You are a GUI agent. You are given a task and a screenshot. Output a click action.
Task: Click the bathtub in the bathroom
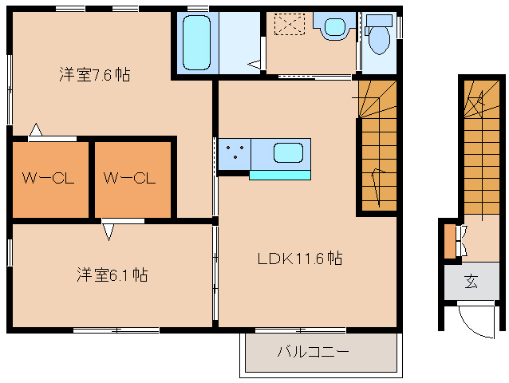point(196,42)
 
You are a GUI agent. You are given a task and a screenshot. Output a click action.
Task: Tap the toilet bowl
point(379,40)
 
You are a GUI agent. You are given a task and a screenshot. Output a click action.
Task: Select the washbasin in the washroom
point(335,26)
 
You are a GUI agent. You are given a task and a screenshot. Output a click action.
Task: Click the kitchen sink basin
point(288,152)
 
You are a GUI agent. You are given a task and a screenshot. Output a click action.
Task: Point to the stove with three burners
point(235,154)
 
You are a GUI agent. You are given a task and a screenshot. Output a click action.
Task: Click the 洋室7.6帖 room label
point(95,75)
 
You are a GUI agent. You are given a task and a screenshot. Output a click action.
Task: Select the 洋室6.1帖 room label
point(112,274)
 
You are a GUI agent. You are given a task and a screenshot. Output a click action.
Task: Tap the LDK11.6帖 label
point(300,259)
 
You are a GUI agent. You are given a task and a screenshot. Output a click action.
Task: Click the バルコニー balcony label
point(314,352)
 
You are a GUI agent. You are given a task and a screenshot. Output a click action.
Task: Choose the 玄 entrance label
point(471,281)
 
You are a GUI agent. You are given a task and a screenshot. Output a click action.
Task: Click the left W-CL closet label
point(48,178)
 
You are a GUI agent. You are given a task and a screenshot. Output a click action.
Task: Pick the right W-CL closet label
point(129,178)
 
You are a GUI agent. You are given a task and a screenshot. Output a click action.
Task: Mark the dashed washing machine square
point(290,23)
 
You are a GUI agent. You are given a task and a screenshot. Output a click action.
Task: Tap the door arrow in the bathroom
point(254,64)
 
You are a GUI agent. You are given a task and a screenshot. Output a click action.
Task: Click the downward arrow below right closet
point(109,232)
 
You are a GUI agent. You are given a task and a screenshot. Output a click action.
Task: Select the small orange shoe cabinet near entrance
point(450,241)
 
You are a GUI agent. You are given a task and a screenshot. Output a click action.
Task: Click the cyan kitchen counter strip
point(280,176)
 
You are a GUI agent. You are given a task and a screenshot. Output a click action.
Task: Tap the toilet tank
point(379,21)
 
